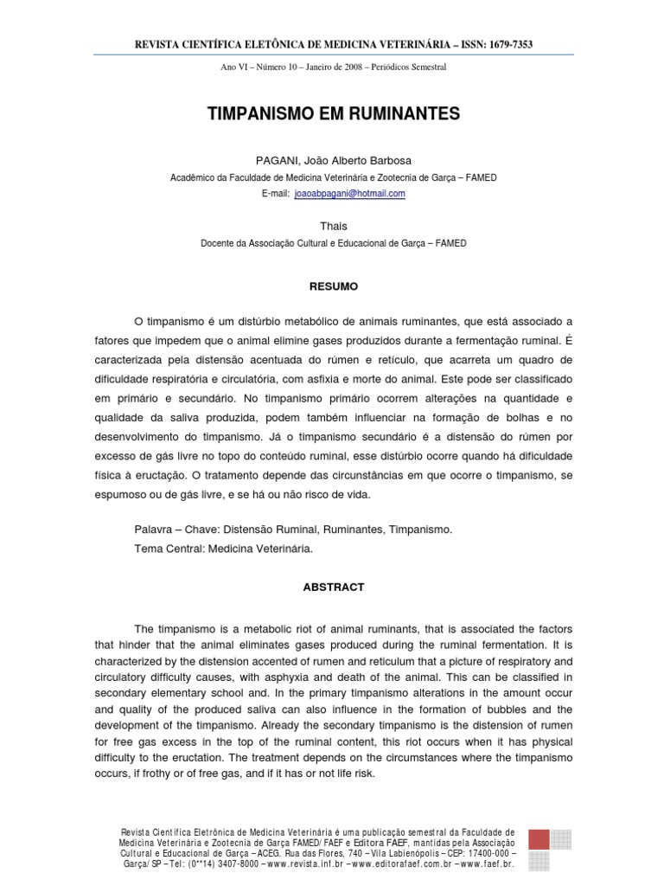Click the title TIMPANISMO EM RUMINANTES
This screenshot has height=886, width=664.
coord(333,114)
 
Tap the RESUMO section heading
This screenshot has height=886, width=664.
coord(333,286)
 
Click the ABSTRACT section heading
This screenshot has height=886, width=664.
coord(333,587)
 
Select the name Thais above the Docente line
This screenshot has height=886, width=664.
coord(333,227)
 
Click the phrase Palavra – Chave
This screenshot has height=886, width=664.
coord(170,529)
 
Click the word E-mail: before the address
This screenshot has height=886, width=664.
coord(275,194)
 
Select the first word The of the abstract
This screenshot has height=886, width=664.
coord(144,627)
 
